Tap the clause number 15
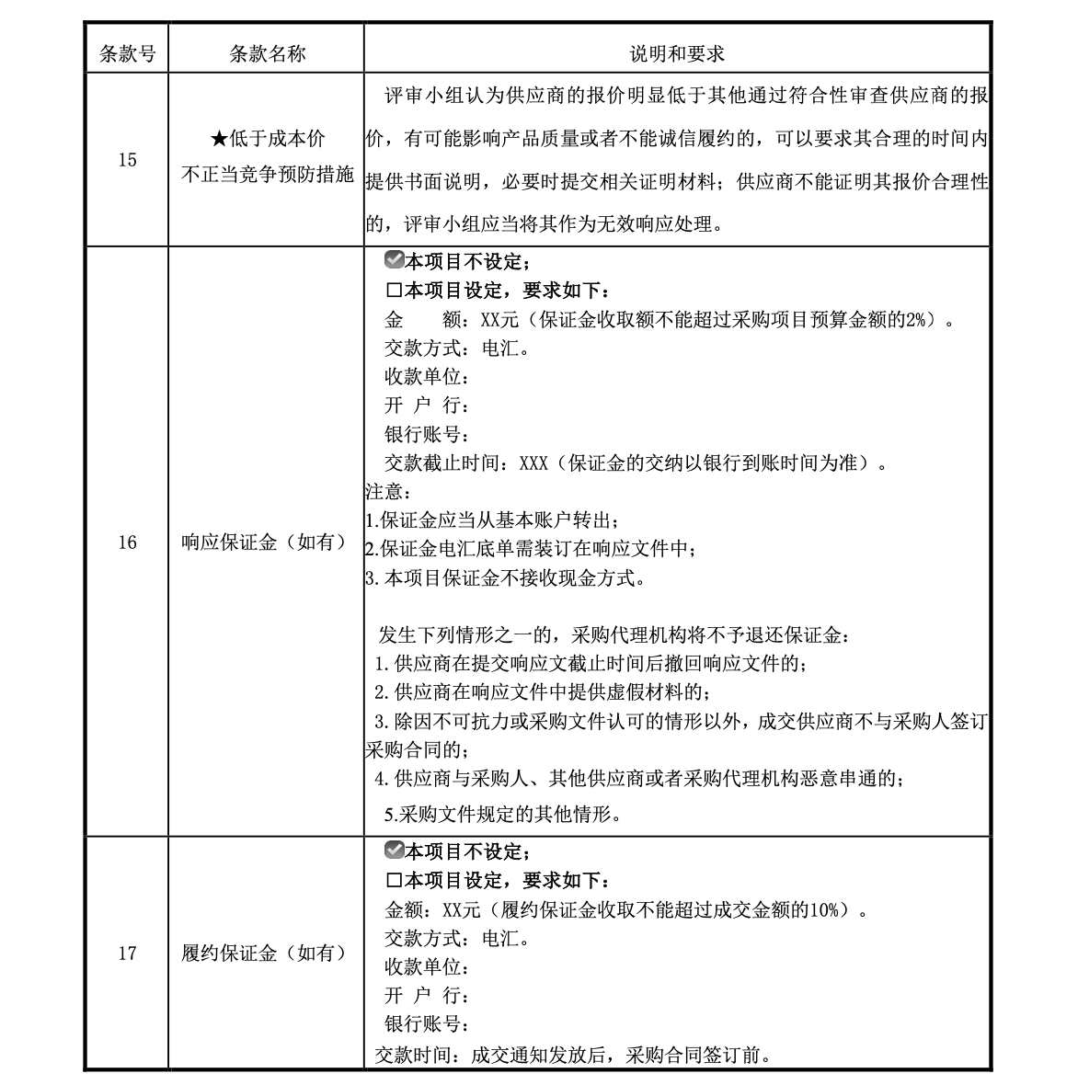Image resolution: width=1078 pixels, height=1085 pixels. (x=127, y=160)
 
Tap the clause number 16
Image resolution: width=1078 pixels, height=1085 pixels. (x=127, y=542)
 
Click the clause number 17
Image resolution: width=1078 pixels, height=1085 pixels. (x=127, y=953)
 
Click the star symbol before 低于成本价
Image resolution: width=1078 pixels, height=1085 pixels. (x=219, y=140)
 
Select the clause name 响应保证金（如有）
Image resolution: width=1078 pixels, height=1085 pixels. (x=267, y=542)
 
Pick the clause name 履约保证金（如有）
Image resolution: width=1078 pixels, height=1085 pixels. (x=267, y=953)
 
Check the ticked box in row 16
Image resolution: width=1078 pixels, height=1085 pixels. (x=394, y=261)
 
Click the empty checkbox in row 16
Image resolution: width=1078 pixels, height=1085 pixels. (x=394, y=291)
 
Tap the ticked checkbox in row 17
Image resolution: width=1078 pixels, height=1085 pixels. (x=394, y=851)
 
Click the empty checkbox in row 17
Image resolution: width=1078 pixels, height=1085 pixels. (x=394, y=881)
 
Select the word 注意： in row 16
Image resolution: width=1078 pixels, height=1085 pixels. (x=384, y=492)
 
